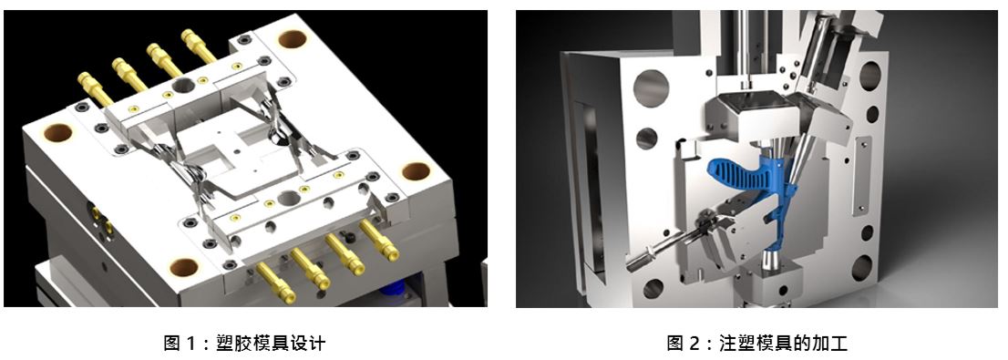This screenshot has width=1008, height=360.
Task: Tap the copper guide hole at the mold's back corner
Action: tap(292, 39)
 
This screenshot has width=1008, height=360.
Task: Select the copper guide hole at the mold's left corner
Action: tap(57, 133)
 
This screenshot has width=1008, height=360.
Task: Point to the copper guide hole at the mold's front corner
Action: tap(184, 267)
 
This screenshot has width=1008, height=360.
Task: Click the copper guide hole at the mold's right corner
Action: tap(416, 171)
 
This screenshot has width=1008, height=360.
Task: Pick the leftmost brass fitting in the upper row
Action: tap(95, 88)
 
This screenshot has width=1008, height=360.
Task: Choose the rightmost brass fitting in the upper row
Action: tap(199, 46)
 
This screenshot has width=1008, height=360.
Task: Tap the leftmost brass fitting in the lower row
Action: tap(276, 283)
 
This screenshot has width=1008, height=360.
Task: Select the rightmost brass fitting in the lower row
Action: tap(379, 240)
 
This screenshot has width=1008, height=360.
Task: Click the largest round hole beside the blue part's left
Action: tap(651, 88)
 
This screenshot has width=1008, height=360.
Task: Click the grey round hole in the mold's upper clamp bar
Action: tap(183, 84)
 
